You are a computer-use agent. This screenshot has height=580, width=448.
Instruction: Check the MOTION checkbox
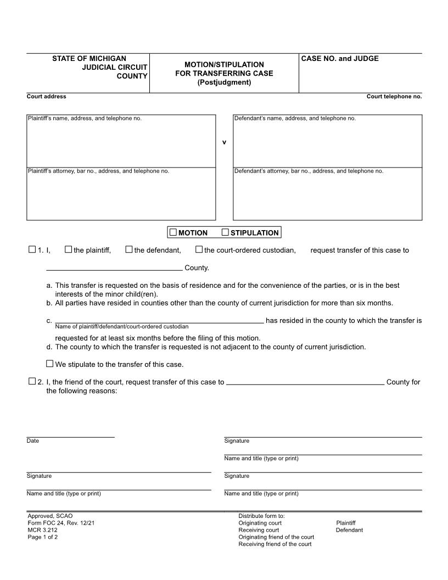tap(173, 232)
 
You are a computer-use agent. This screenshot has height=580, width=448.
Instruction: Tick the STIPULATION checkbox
tap(225, 232)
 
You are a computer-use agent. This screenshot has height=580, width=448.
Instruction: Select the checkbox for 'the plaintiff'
tap(68, 249)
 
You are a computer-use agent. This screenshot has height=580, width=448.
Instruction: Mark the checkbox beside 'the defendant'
tap(128, 249)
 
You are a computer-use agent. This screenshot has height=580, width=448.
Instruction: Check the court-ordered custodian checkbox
tap(199, 249)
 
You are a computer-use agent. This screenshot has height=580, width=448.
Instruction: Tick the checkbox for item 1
tap(32, 249)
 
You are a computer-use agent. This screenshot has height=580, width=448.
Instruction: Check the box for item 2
tap(32, 381)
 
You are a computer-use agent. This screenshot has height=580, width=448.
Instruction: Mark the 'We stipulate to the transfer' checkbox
tap(50, 364)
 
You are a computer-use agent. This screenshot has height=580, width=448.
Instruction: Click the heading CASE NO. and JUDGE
tap(340, 59)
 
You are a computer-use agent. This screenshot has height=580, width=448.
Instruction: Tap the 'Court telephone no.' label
tap(394, 97)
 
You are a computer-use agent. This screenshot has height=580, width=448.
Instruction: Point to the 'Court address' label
tap(46, 97)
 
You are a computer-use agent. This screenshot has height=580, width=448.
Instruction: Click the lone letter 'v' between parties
tap(224, 142)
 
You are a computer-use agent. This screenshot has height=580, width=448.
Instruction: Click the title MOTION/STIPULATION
tap(224, 64)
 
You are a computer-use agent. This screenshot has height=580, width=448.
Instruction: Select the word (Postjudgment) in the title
tap(224, 82)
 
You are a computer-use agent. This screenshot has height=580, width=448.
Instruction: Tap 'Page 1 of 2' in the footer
tap(43, 537)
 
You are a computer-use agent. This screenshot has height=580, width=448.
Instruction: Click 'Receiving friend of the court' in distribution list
tap(275, 544)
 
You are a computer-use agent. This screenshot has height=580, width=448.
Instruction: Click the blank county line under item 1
tap(114, 267)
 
